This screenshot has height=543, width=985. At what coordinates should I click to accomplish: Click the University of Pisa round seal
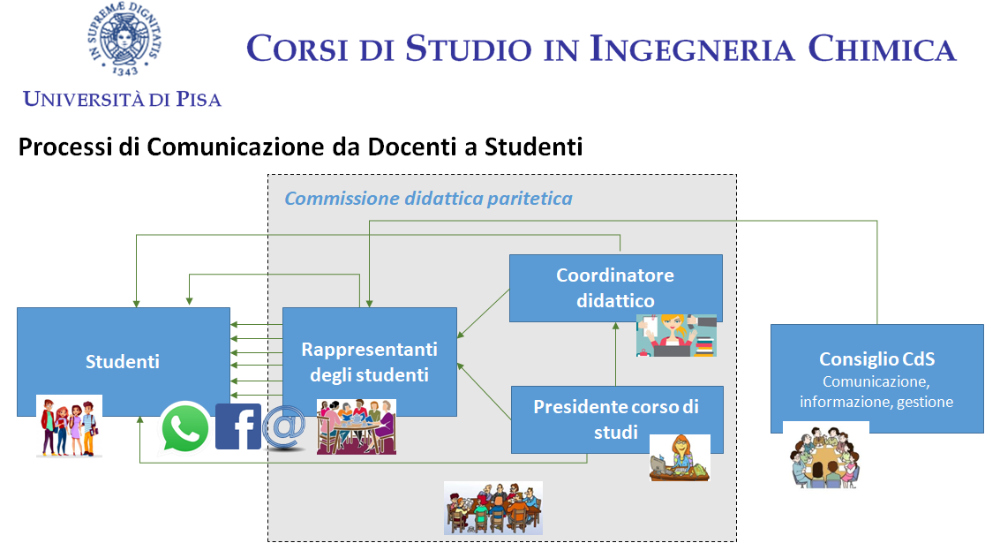coord(124,39)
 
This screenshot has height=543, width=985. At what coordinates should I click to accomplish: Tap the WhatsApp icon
coord(184,427)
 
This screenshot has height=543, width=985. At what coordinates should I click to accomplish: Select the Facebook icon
coord(238,426)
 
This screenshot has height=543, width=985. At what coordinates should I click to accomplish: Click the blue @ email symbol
coord(284,427)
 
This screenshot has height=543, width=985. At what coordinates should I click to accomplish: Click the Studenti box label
coord(123,361)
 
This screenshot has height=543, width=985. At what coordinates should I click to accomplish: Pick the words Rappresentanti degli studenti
coord(369,362)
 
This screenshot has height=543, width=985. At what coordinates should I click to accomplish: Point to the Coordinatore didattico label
coord(615,288)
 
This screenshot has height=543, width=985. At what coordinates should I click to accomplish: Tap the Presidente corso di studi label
coord(616,419)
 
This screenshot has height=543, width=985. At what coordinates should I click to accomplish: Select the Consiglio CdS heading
coord(877,358)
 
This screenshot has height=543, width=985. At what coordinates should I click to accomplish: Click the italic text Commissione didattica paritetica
coord(428,199)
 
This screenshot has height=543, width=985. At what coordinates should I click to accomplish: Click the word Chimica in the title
coord(882,49)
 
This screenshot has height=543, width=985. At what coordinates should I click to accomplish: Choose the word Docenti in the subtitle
coord(412,147)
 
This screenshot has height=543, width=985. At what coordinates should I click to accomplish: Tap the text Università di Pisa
coord(122,99)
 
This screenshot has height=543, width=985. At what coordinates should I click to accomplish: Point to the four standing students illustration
coord(69,426)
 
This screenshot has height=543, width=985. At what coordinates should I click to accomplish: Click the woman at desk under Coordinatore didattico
coord(676,336)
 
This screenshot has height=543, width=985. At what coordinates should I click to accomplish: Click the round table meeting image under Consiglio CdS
coord(825,456)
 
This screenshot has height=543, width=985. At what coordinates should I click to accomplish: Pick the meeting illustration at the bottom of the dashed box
coord(493,509)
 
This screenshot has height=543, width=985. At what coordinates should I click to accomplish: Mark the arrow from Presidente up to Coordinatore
coord(616,354)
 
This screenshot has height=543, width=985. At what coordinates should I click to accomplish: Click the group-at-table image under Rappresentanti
coord(357,426)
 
